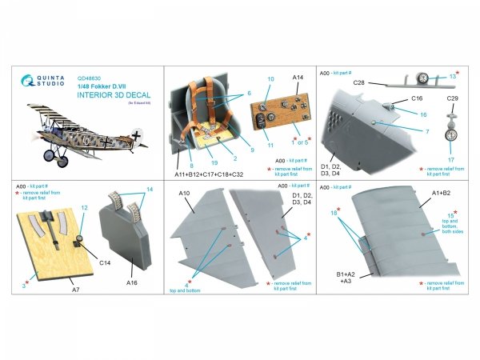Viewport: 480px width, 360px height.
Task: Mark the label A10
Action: click(x=182, y=193)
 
